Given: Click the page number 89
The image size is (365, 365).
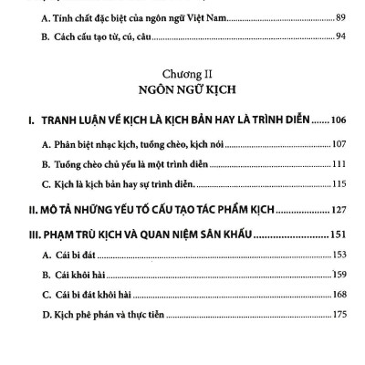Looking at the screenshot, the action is [x=340, y=17].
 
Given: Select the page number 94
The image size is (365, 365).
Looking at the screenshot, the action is [x=340, y=36].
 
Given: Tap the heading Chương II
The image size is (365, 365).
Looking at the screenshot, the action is [x=182, y=71].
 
